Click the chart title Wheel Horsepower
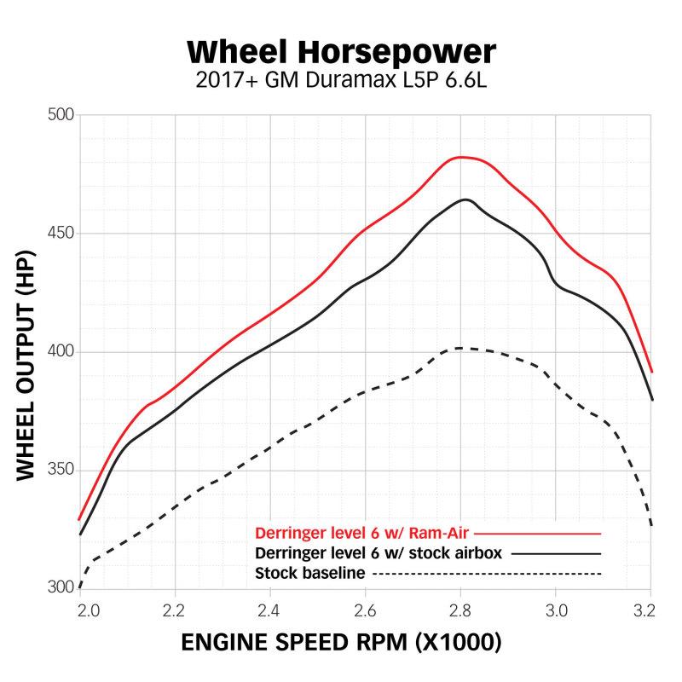[x=341, y=52]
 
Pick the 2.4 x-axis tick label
[x=270, y=610]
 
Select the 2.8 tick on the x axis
[x=461, y=610]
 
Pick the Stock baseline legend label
[x=310, y=572]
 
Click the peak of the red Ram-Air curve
[x=461, y=157]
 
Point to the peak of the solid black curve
[x=465, y=199]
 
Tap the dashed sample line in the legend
[x=487, y=573]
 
